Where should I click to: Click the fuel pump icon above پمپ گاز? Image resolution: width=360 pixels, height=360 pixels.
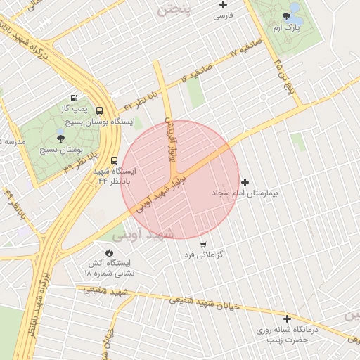tap(75, 98)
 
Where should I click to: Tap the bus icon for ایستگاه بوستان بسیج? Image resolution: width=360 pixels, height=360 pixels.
tap(99, 110)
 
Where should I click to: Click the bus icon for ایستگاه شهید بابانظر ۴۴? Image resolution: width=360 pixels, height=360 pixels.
tap(95, 159)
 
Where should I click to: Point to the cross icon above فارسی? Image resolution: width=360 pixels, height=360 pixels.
tap(223, 5)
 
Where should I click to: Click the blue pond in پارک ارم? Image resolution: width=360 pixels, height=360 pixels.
tap(294, 8)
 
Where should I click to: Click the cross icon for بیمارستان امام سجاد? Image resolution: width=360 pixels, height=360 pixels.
tap(245, 182)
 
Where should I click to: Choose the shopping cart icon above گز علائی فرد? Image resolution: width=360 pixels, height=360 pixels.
tap(203, 243)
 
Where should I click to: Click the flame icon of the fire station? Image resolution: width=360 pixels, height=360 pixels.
tap(109, 252)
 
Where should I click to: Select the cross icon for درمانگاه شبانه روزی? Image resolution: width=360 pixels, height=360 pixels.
tap(287, 319)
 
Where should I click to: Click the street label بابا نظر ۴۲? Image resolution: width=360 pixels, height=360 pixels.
tap(138, 99)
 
